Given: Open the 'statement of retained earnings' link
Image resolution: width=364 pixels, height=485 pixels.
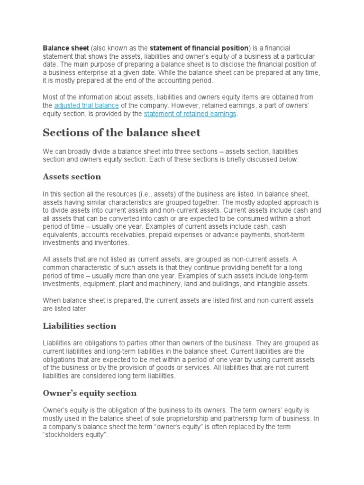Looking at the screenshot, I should click(x=190, y=114).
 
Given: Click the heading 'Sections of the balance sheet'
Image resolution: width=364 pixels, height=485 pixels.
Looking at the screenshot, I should click(x=122, y=133).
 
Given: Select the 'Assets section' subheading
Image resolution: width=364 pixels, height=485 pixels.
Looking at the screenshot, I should click(x=72, y=177).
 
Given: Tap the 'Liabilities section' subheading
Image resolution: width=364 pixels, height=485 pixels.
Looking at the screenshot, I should click(x=79, y=326).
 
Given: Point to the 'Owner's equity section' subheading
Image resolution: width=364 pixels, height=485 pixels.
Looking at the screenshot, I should click(x=90, y=393).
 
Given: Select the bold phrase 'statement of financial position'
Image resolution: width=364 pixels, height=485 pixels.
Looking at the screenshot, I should click(x=200, y=48).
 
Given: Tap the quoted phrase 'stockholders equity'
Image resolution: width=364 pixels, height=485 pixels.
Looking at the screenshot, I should click(x=76, y=435).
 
